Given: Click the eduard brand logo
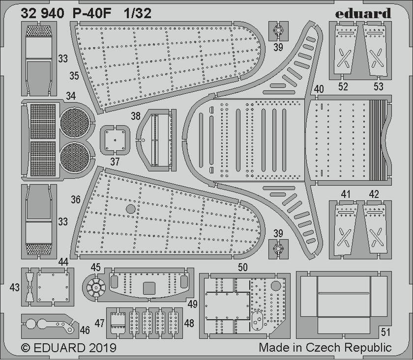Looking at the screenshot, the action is [363, 13].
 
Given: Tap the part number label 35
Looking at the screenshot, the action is [74, 76].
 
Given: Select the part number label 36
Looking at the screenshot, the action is [75, 199].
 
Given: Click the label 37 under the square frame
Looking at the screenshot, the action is [115, 162].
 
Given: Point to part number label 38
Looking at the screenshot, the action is [136, 116].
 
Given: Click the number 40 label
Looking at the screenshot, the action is [319, 89].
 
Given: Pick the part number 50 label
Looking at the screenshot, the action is [242, 267].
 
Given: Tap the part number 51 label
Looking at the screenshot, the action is [385, 332].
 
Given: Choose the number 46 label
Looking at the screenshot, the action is [85, 330].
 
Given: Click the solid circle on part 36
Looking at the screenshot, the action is [131, 209].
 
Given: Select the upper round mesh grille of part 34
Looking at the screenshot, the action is [75, 123].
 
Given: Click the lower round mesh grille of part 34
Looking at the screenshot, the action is [75, 158].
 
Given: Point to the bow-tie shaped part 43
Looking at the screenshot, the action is [29, 287].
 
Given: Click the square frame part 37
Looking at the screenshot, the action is [115, 140].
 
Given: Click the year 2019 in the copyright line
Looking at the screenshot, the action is [102, 348].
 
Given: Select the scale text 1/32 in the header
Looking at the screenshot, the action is [138, 13].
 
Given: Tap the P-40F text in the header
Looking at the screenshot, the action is [91, 14].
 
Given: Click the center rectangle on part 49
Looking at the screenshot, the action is [149, 288].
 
